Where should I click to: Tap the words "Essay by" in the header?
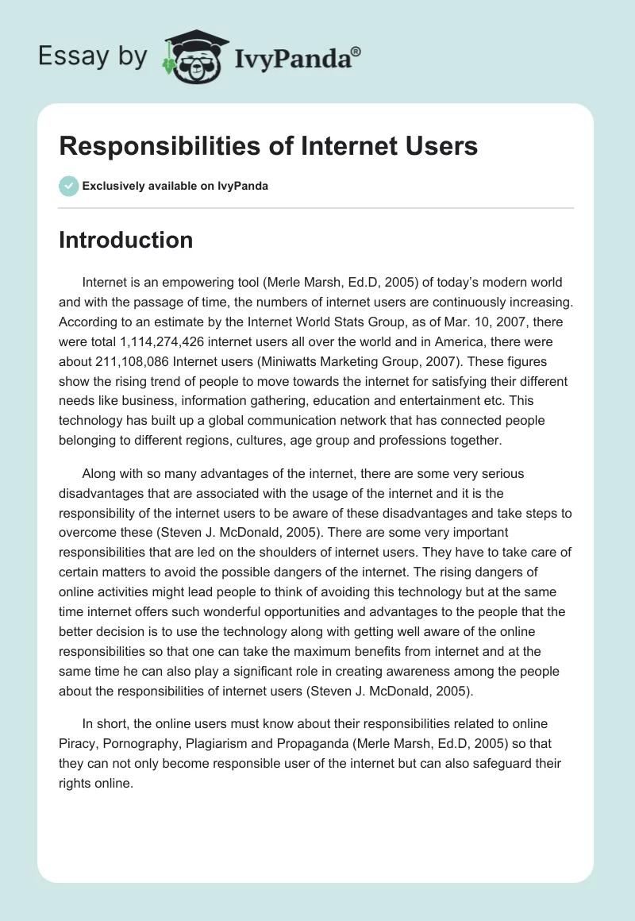[x=93, y=56]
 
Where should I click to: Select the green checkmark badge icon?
[x=68, y=186]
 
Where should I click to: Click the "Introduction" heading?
[x=125, y=240]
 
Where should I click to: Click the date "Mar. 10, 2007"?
[x=447, y=326]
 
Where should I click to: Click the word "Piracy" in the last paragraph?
[x=80, y=744]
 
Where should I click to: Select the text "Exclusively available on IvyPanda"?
[x=175, y=186]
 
